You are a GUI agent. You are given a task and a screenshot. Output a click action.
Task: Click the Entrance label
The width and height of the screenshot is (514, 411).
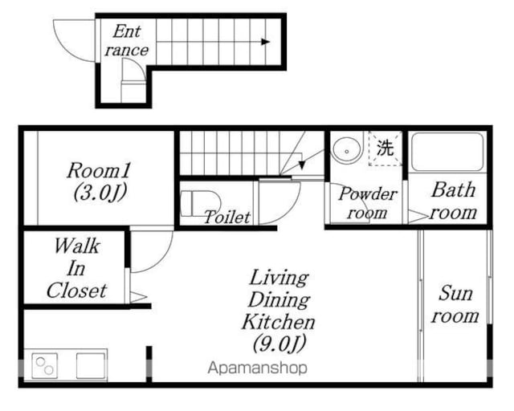coord(127,41)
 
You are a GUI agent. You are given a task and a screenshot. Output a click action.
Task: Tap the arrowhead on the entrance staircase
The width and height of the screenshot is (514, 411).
coord(266,42)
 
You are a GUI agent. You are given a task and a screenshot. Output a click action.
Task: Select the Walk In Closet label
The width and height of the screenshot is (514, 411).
coord(77,268)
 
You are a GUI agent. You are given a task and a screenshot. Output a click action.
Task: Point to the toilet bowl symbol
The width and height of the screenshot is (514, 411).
coord(200,204)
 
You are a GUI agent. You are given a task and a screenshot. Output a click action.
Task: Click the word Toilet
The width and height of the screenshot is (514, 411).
coord(227,217)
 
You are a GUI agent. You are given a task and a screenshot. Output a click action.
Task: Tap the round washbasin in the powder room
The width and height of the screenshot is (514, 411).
coord(346,150)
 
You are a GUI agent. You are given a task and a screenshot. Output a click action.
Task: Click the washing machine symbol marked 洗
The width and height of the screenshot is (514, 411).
coord(385,149)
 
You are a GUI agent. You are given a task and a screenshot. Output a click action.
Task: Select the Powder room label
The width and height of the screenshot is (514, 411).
coord(368,203)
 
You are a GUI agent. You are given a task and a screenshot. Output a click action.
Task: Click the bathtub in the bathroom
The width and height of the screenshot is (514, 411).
coord(447,152)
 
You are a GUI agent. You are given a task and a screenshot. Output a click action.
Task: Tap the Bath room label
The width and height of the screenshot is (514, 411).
coord(454,201)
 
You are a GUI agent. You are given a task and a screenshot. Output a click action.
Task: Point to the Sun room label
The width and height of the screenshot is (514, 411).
coord(455,304)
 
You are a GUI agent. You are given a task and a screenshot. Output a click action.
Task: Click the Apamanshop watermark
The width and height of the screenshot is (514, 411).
coord(258,368)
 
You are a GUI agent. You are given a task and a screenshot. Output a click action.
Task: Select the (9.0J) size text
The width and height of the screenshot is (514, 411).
coord(279,344)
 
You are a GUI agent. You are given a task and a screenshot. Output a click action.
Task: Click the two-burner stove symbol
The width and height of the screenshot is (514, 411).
coord(45,366)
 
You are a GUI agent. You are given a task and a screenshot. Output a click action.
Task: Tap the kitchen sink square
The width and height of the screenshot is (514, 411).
coord(91,366)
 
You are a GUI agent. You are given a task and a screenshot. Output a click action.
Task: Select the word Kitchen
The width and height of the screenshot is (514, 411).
coord(279,323)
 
